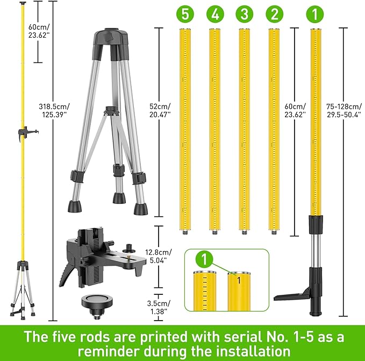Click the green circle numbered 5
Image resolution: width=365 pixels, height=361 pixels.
coord(185,14)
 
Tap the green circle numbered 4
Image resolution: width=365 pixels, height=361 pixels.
coord(214,14)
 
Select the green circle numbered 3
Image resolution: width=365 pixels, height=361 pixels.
coord(245,14)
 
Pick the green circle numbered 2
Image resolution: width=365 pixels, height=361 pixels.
coord(274,14)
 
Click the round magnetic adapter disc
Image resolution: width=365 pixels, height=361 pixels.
coord(101,305)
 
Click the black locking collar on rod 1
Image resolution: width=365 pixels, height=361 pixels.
coord(315,223)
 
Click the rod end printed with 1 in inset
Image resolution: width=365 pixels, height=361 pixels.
coord(238,291)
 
